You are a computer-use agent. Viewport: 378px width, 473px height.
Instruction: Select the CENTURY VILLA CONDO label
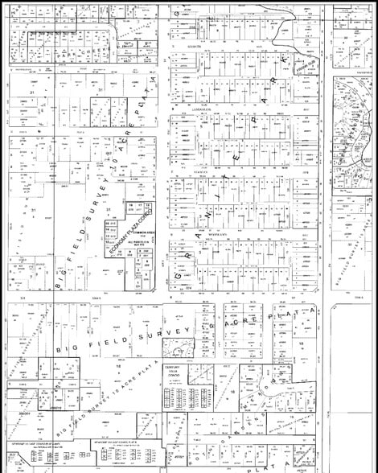pos(175,371)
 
